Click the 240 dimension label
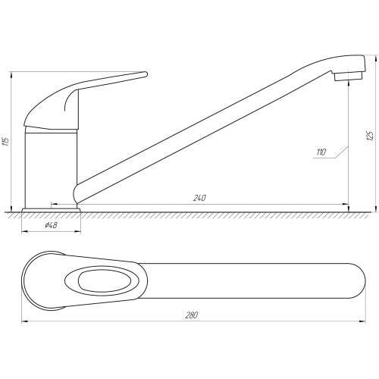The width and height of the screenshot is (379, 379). pyautogui.click(x=199, y=198)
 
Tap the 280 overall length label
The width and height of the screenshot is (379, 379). pyautogui.click(x=192, y=315)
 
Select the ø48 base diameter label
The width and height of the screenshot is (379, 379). pyautogui.click(x=51, y=225)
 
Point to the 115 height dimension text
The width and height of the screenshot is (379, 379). pyautogui.click(x=6, y=142)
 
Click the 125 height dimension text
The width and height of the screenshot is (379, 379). pyautogui.click(x=370, y=136)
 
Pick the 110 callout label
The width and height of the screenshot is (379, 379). pyautogui.click(x=321, y=152)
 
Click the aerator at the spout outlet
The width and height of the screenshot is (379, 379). pyautogui.click(x=349, y=77)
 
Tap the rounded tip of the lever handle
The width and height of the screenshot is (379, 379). pyautogui.click(x=145, y=74)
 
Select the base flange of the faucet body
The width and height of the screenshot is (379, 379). pyautogui.click(x=52, y=210)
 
